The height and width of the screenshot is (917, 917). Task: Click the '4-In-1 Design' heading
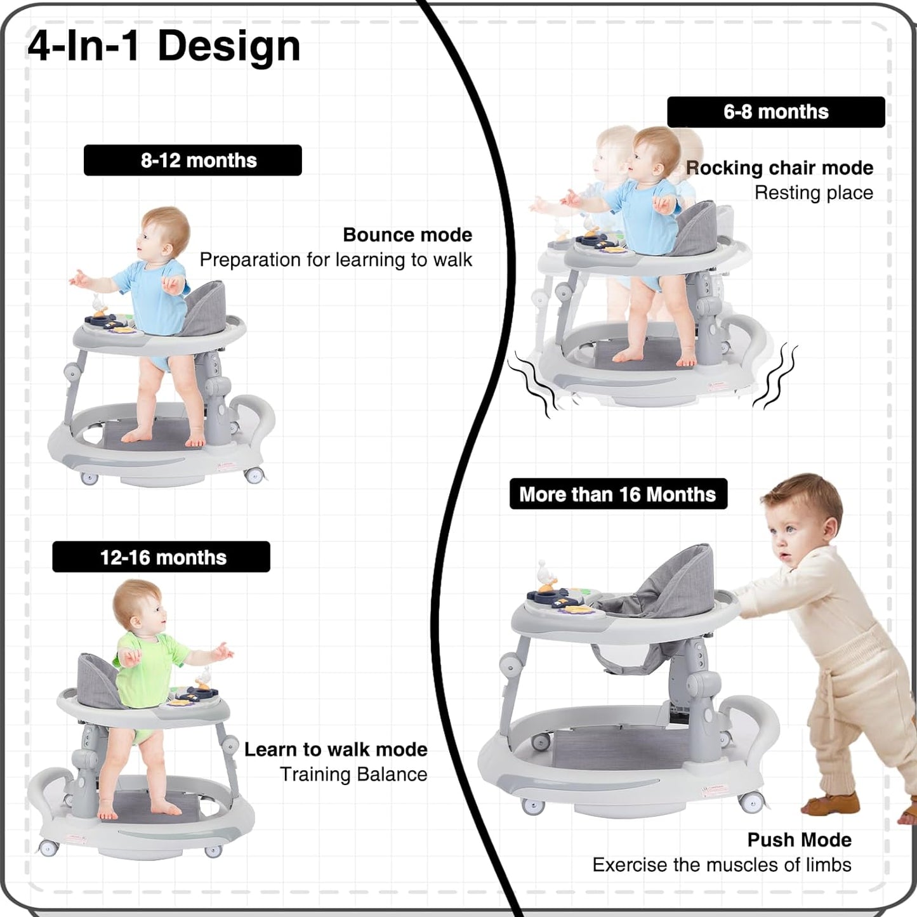(x=164, y=46)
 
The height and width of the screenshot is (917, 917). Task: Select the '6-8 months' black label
(x=775, y=112)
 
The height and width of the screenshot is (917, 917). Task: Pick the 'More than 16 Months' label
(x=617, y=494)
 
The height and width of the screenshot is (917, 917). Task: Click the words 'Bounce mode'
(x=407, y=235)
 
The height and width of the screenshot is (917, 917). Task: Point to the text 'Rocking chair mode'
(x=780, y=168)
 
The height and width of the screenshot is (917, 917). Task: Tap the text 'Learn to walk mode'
(x=336, y=749)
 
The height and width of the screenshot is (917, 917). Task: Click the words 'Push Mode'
(x=799, y=840)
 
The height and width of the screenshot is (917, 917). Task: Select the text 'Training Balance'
(x=353, y=774)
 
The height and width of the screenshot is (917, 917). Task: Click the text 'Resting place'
(x=814, y=193)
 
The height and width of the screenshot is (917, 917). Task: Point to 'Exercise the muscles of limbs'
(x=722, y=864)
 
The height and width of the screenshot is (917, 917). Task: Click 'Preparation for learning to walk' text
(x=336, y=260)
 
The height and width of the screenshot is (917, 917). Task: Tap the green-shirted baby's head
(x=138, y=605)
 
